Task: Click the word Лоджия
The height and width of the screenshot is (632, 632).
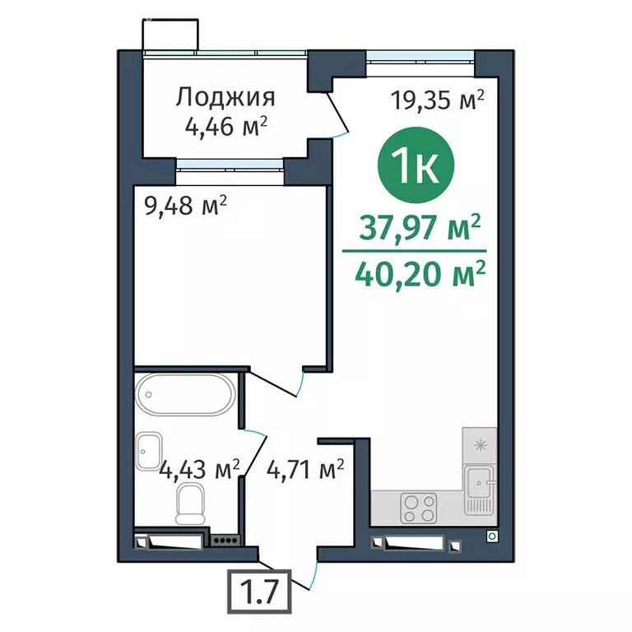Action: pyautogui.click(x=225, y=98)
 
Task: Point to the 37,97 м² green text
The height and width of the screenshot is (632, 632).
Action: pyautogui.click(x=418, y=226)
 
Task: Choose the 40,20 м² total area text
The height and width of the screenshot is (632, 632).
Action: pyautogui.click(x=419, y=271)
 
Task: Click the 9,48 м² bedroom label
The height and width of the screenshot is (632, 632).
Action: pyautogui.click(x=184, y=205)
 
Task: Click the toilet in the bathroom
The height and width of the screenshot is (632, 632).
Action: pyautogui.click(x=191, y=500)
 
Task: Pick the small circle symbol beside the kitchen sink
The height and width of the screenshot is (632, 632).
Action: pyautogui.click(x=491, y=536)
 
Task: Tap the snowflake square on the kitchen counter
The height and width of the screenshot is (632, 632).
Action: pyautogui.click(x=479, y=444)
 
